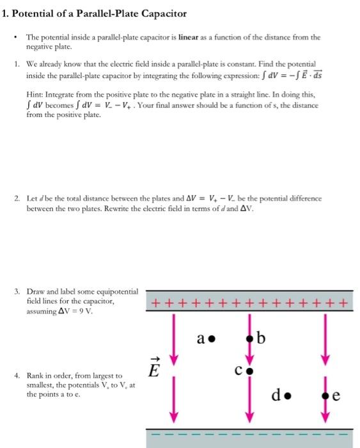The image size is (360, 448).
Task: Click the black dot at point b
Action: point(250,338)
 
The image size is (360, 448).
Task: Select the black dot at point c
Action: point(250,370)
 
